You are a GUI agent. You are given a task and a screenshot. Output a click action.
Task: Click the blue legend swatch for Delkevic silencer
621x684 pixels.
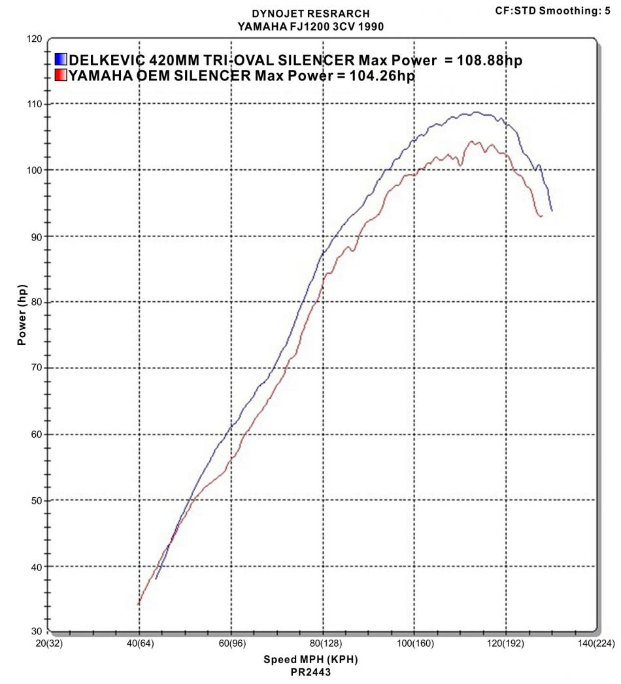point(61,60)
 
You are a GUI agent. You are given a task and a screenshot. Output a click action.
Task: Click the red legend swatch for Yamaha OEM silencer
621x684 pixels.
point(61,75)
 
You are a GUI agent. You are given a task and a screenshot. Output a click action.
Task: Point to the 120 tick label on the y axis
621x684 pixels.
point(33,39)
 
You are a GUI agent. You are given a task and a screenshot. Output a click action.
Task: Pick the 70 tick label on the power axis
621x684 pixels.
point(37,368)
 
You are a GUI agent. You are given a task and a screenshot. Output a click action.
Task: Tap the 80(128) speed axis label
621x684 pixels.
point(322,644)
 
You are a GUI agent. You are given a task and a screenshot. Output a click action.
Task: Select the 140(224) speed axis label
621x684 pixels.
point(594,644)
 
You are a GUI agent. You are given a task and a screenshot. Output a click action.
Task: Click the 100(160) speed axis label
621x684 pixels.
point(413,644)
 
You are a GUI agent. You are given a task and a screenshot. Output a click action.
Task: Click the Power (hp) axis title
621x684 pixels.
point(23,315)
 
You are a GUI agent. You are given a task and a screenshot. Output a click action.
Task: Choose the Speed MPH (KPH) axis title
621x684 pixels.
point(310,659)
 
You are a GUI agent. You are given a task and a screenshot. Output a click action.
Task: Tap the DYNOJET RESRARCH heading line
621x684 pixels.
point(310,13)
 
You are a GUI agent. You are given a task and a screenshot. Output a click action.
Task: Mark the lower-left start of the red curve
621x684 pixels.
point(139,604)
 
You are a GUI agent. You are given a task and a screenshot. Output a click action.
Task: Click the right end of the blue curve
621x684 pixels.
point(552,210)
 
